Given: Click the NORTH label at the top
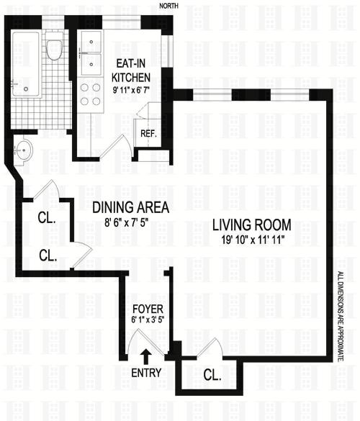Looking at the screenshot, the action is pos(168,6).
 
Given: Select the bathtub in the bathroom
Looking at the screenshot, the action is pos(26,65).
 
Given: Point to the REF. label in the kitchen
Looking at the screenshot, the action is pos(148,133).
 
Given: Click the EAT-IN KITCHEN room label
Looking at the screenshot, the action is pos(131,71).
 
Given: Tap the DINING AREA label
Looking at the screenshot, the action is pos(131,207).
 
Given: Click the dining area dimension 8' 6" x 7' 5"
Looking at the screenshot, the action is pos(127,222).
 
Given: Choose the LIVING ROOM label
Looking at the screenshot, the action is pos(252,225).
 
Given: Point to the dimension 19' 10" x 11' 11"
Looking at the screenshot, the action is pos(253,240).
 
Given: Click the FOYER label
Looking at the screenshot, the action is pos(148,309).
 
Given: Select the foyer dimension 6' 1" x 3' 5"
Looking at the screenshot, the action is pos(148,320).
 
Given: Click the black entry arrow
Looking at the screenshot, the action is pos(146,356).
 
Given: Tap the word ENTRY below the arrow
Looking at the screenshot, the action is pos(146,373).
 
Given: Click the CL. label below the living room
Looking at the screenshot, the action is pos(212,375).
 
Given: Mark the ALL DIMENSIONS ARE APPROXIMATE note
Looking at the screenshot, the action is pos(341,316).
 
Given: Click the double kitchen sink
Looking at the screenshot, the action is pos(91,53).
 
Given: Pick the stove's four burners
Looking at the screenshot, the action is pos(91,94).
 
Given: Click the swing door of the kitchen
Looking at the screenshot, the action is pos(116,148).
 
